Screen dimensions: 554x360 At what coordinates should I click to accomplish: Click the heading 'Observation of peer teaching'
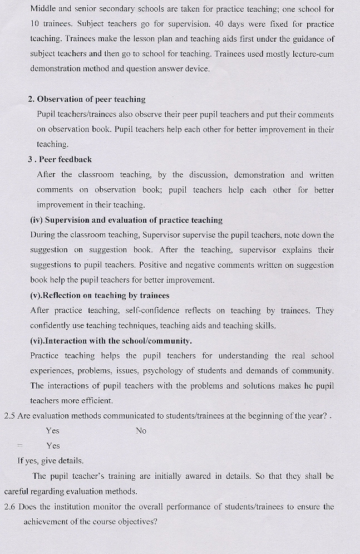[91, 99]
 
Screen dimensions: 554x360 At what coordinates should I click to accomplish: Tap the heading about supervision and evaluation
[126, 220]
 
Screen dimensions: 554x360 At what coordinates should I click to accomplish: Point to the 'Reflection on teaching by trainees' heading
[100, 295]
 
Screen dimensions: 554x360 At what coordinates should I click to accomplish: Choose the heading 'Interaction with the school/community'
[111, 340]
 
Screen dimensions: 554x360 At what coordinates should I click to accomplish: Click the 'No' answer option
[141, 430]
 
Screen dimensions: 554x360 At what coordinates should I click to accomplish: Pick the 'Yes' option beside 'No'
[53, 430]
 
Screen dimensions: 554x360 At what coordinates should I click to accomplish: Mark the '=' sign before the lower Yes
[19, 445]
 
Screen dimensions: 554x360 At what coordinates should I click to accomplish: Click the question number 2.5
[9, 415]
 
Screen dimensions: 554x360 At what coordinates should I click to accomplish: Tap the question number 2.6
[9, 507]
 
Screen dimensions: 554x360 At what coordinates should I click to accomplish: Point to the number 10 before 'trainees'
[36, 25]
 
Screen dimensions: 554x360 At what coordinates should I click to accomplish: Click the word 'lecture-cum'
[310, 54]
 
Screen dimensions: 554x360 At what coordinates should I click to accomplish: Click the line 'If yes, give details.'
[51, 460]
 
